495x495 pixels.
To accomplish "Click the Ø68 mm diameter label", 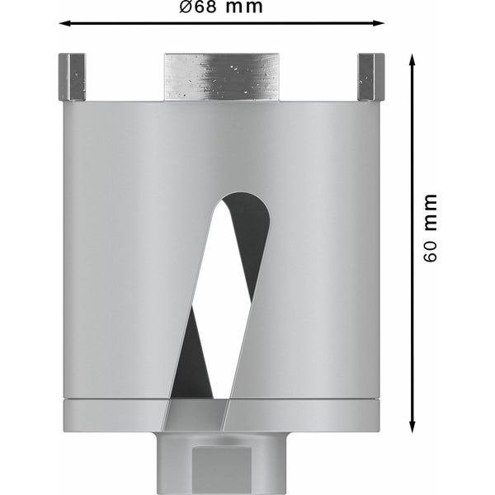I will coord(221,8).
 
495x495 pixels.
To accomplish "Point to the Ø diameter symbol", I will coord(185,8).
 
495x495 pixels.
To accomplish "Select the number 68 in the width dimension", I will coord(207,8).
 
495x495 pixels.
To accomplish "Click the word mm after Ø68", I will coord(245,8).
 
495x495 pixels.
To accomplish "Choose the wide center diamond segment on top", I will coord(223,77).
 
